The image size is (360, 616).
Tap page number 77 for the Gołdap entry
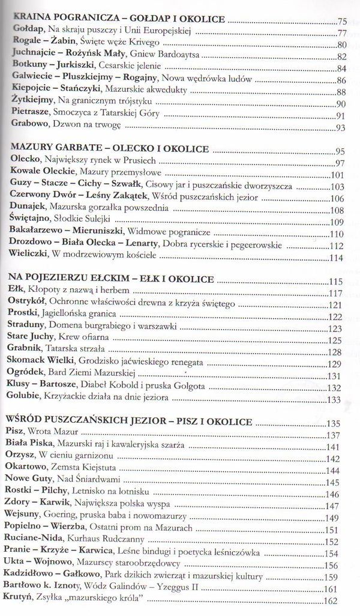coord(343,32)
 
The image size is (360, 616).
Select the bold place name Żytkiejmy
coord(32,102)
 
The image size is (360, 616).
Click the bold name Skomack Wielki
coord(41,363)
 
